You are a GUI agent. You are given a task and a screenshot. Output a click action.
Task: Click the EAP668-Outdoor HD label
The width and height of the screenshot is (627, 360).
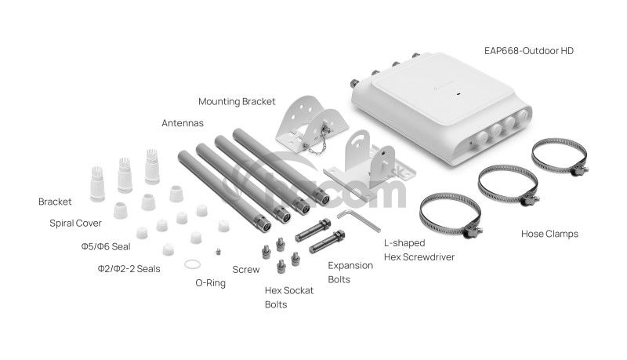coord(528,51)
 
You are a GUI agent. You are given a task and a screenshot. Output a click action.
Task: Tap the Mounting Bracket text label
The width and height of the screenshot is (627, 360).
coord(237,102)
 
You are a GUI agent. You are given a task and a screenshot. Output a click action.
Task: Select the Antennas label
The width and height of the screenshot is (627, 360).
coord(183,123)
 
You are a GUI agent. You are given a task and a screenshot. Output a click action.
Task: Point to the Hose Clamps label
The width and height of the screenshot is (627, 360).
coord(549,234)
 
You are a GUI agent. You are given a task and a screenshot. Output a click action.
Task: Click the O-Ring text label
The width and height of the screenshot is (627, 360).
coord(210,283)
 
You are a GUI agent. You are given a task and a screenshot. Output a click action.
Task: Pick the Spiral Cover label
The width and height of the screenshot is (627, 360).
coord(75,224)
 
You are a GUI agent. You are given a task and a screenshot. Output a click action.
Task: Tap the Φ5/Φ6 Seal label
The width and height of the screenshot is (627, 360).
coord(106,246)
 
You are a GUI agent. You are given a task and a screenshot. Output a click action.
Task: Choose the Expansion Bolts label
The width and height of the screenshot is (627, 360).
coord(350,272)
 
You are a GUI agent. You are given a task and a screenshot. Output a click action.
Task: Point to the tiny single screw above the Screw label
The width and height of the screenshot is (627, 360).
coord(218,251)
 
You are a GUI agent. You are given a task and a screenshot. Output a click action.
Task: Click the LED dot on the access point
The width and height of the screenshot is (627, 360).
coord(458,95)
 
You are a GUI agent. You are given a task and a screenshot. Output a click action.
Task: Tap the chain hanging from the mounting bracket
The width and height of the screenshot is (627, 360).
coord(316,145)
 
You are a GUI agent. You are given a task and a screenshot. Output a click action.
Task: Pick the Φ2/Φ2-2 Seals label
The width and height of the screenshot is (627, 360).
coord(129,269)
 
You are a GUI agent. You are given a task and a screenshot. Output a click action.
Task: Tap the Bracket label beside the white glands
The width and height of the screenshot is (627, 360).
coord(55,202)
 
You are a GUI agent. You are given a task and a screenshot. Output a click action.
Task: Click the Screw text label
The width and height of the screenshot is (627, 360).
coord(246,270)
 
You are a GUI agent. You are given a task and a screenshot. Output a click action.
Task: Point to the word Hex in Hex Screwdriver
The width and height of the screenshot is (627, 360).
coord(391,257)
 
